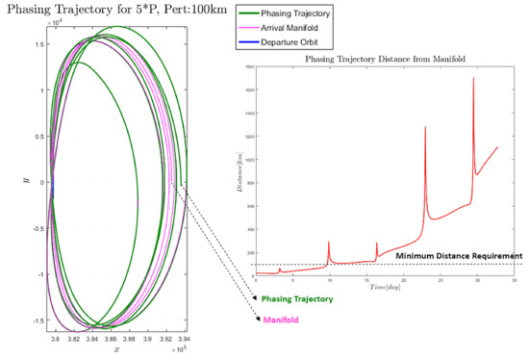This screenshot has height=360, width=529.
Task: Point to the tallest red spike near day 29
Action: pyautogui.click(x=474, y=78)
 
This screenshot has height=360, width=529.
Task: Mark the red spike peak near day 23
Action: pyautogui.click(x=425, y=126)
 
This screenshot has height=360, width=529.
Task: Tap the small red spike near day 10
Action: pyautogui.click(x=329, y=242)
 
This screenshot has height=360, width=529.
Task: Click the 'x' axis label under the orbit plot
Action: pyautogui.click(x=116, y=349)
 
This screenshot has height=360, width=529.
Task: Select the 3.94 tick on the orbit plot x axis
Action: pyautogui.click(x=184, y=340)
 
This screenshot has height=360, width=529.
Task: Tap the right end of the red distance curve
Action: pyautogui.click(x=497, y=147)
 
